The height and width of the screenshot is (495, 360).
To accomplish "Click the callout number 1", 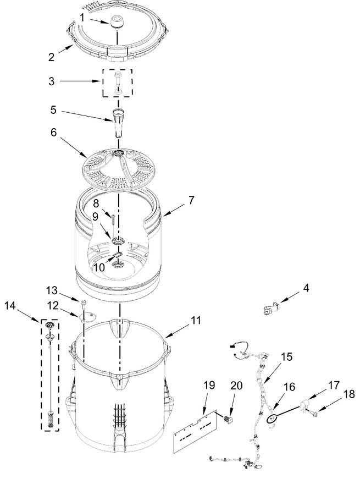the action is click(82, 18).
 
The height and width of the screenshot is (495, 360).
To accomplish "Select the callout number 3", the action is click(51, 81).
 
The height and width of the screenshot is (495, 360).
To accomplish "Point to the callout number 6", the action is click(54, 132).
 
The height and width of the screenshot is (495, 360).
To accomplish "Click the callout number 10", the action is click(99, 267).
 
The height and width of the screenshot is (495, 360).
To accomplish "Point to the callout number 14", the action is click(10, 306).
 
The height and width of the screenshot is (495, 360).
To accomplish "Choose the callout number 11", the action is click(195, 321).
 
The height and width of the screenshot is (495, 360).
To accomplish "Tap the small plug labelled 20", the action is click(227, 419).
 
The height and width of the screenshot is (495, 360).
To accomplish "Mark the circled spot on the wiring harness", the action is click(272, 419).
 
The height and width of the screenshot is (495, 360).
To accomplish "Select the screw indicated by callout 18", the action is click(314, 412).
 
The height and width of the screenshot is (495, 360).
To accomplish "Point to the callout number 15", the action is click(286, 357).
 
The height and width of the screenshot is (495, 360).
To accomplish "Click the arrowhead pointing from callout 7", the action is click(164, 215).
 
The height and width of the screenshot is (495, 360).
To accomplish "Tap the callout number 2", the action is click(51, 57).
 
